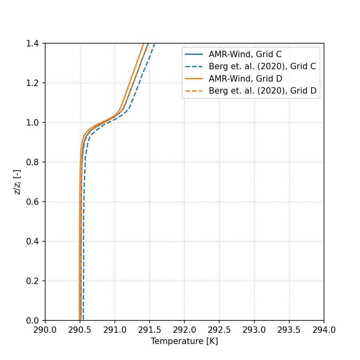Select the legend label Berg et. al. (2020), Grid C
(262, 66)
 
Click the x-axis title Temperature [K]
(184, 341)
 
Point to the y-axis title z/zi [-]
(17, 182)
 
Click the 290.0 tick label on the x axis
(45, 330)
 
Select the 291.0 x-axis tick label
(115, 330)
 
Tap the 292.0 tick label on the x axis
(184, 330)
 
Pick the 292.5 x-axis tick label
(219, 330)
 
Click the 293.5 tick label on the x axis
(289, 330)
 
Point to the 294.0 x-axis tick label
(324, 330)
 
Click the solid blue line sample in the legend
(194, 54)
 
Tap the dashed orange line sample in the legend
(194, 91)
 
